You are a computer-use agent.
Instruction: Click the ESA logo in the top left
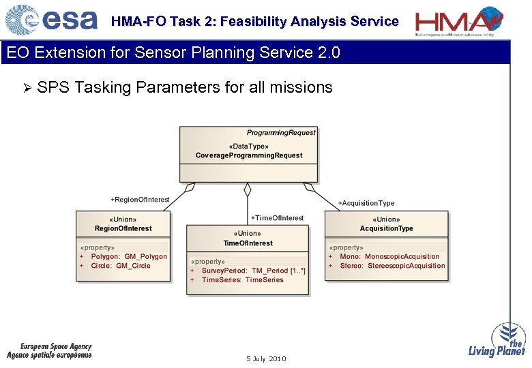(51, 20)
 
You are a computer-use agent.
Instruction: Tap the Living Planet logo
(497, 340)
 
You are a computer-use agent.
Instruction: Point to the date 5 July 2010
(266, 358)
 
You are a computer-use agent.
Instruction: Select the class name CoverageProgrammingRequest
(248, 155)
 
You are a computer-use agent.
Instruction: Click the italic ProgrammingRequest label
(281, 132)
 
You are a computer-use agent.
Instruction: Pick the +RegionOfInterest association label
(140, 200)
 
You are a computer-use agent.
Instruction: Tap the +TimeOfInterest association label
(278, 218)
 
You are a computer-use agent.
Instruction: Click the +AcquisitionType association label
(366, 203)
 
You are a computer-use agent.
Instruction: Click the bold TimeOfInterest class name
(248, 243)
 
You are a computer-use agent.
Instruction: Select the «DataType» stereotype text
(248, 146)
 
